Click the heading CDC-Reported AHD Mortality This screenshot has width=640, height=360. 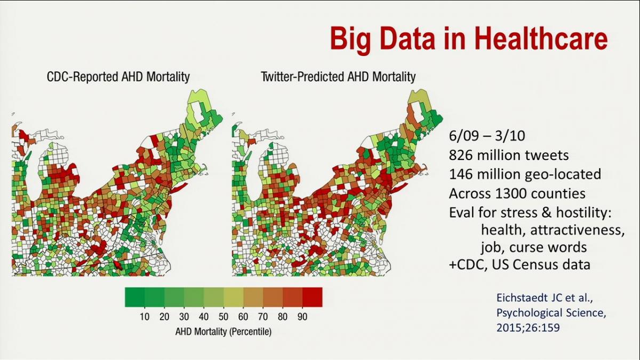pyautogui.click(x=118, y=77)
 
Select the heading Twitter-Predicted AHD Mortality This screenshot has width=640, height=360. pyautogui.click(x=338, y=77)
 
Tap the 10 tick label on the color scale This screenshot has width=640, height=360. pyautogui.click(x=145, y=317)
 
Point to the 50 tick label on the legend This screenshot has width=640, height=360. pyautogui.click(x=223, y=317)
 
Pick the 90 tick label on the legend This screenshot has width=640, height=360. pyautogui.click(x=302, y=317)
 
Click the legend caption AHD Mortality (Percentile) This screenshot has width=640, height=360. pyautogui.click(x=223, y=332)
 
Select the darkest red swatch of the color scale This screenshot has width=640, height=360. pyautogui.click(x=312, y=297)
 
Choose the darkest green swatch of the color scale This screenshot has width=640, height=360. pyautogui.click(x=134, y=297)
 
